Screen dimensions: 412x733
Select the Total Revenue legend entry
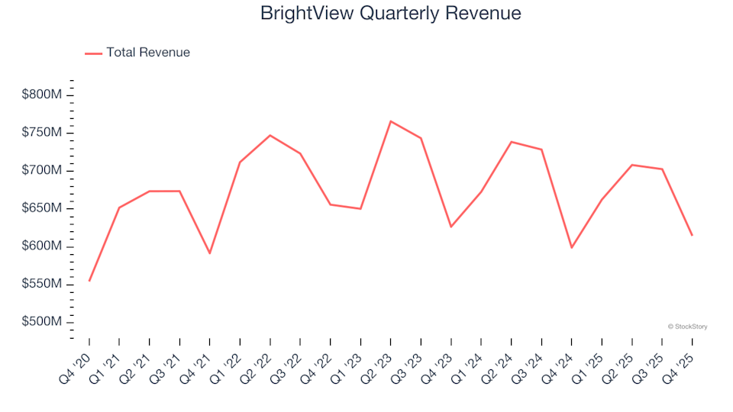coord(137,53)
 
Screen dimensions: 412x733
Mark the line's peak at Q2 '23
coord(390,121)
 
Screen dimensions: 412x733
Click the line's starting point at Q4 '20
coord(89,281)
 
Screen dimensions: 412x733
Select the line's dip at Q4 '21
coord(210,253)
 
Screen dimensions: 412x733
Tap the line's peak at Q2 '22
coord(270,135)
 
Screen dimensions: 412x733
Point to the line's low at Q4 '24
coord(571,248)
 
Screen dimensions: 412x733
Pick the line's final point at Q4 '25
coord(692,235)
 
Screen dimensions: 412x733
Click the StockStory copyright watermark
coord(687,327)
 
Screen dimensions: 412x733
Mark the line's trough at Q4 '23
coord(450,227)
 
